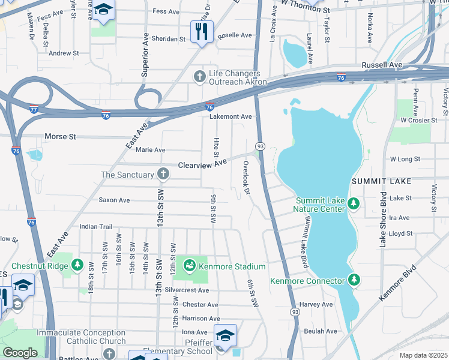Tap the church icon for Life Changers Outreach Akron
[x=200, y=76]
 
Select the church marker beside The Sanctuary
[x=163, y=175]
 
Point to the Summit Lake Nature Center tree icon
[x=354, y=204]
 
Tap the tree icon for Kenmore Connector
[x=354, y=280]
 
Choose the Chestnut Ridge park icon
[x=77, y=265]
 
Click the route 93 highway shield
[x=260, y=146]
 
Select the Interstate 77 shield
[x=34, y=109]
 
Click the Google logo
[x=20, y=353]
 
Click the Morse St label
[x=62, y=137]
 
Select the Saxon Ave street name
[x=114, y=200]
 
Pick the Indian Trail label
[x=96, y=227]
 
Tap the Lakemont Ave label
[x=231, y=116]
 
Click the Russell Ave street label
[x=382, y=64]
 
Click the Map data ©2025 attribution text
[x=423, y=355]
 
